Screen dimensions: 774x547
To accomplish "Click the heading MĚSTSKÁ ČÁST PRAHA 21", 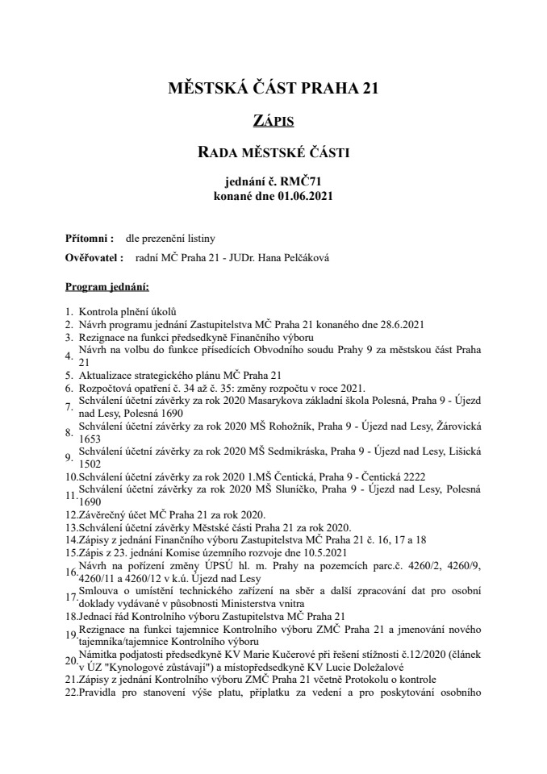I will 273,88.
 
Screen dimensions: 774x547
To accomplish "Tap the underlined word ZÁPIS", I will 273,120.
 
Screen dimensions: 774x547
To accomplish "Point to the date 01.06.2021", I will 304,195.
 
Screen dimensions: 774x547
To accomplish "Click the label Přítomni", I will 87,239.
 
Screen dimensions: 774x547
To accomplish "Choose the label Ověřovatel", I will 92,258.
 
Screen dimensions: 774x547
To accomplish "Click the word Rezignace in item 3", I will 101,337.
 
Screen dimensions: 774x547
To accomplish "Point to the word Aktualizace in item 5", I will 104,375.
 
